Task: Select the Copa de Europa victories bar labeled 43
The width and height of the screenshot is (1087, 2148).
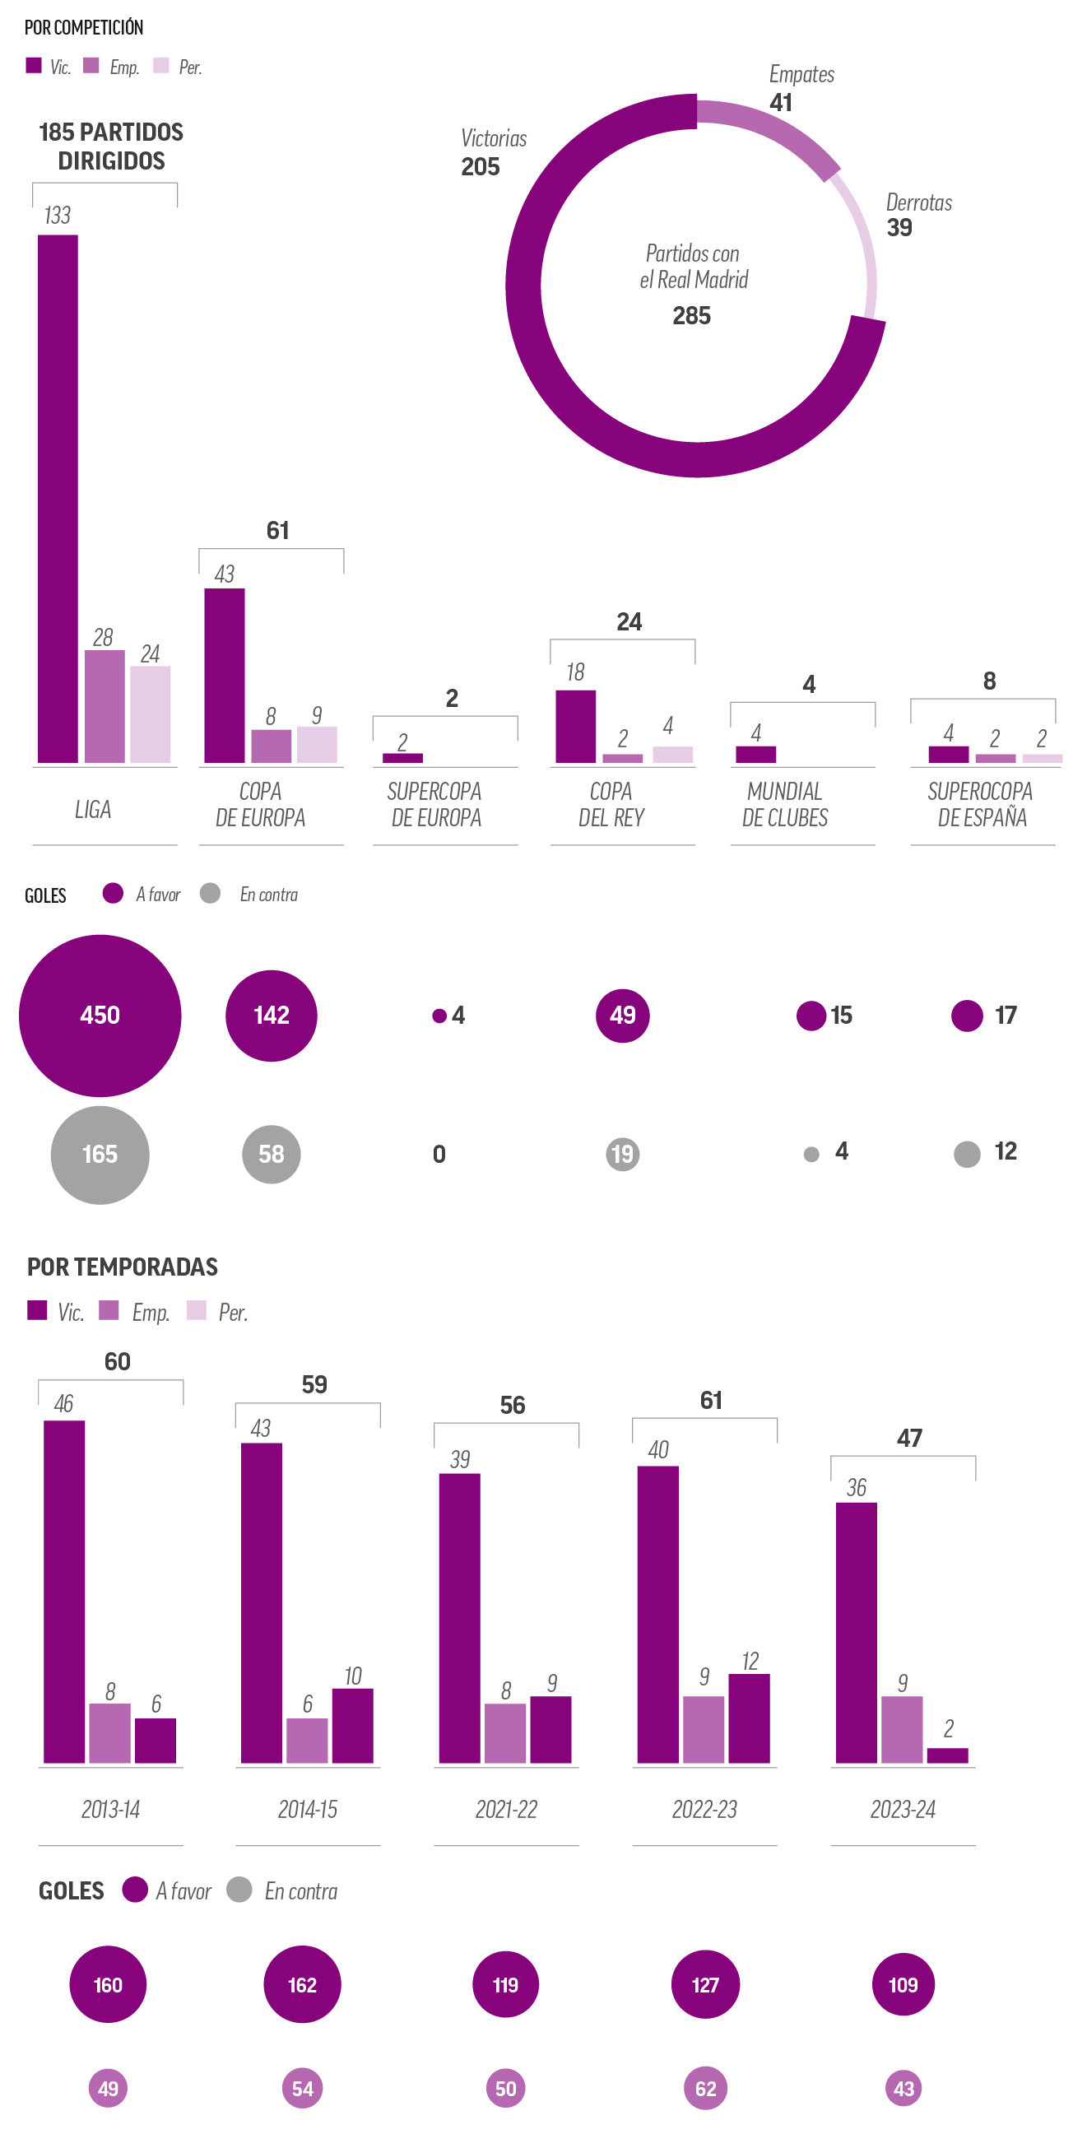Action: (225, 675)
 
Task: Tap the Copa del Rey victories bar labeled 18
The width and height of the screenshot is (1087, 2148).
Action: (575, 725)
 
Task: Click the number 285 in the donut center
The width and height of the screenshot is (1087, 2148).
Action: (692, 316)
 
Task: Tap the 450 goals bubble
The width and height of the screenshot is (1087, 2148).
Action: (100, 1015)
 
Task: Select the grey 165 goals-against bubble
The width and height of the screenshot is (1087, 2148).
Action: (100, 1154)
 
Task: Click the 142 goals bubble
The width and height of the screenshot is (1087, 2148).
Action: (271, 1015)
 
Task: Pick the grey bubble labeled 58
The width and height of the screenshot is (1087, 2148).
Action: (271, 1154)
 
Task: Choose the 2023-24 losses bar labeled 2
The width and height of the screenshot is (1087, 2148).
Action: (948, 1755)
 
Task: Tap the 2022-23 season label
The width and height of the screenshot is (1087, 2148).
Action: (704, 1809)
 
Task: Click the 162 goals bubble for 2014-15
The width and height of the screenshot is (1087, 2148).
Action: (302, 1984)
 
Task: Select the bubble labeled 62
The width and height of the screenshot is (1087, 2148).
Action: (705, 2088)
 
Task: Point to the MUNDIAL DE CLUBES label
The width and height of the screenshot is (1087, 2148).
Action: (785, 804)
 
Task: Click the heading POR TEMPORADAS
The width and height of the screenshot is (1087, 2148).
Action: (123, 1267)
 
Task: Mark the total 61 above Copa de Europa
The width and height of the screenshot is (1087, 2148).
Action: (277, 530)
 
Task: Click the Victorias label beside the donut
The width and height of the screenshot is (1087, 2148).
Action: (494, 138)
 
